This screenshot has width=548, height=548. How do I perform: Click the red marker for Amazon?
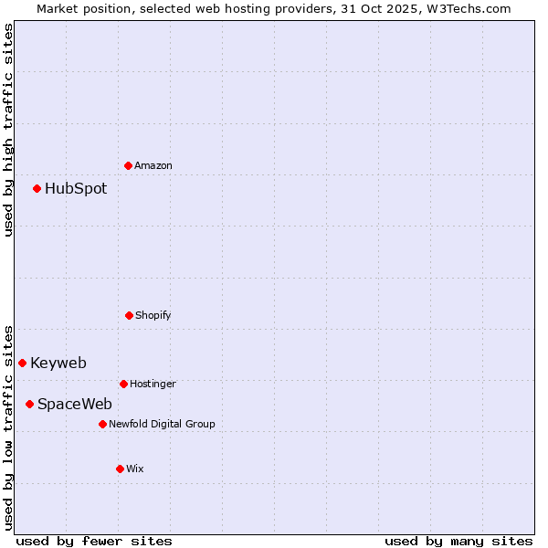129,165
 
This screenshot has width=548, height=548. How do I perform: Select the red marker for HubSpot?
37,189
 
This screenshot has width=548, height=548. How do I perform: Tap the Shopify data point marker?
129,315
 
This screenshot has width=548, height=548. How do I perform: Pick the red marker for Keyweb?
23,363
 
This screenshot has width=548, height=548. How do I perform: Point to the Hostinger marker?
123,384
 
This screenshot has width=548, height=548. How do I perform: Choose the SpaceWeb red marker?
30,404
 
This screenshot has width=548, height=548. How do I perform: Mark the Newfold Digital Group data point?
102,424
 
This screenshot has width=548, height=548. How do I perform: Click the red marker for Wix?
120,469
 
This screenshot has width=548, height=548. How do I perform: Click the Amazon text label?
153,165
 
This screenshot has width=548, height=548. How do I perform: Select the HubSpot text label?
76,189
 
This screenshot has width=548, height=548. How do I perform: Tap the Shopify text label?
153,315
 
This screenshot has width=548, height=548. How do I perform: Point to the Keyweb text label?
58,363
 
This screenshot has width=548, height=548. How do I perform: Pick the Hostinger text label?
153,384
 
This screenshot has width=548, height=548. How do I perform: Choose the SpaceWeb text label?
75,404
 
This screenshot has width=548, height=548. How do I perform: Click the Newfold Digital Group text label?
162,424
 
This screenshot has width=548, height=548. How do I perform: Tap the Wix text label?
135,469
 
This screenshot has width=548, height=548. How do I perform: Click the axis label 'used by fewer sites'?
94,541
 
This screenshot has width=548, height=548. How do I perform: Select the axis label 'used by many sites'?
458,541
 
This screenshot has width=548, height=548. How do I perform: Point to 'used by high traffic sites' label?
8,130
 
